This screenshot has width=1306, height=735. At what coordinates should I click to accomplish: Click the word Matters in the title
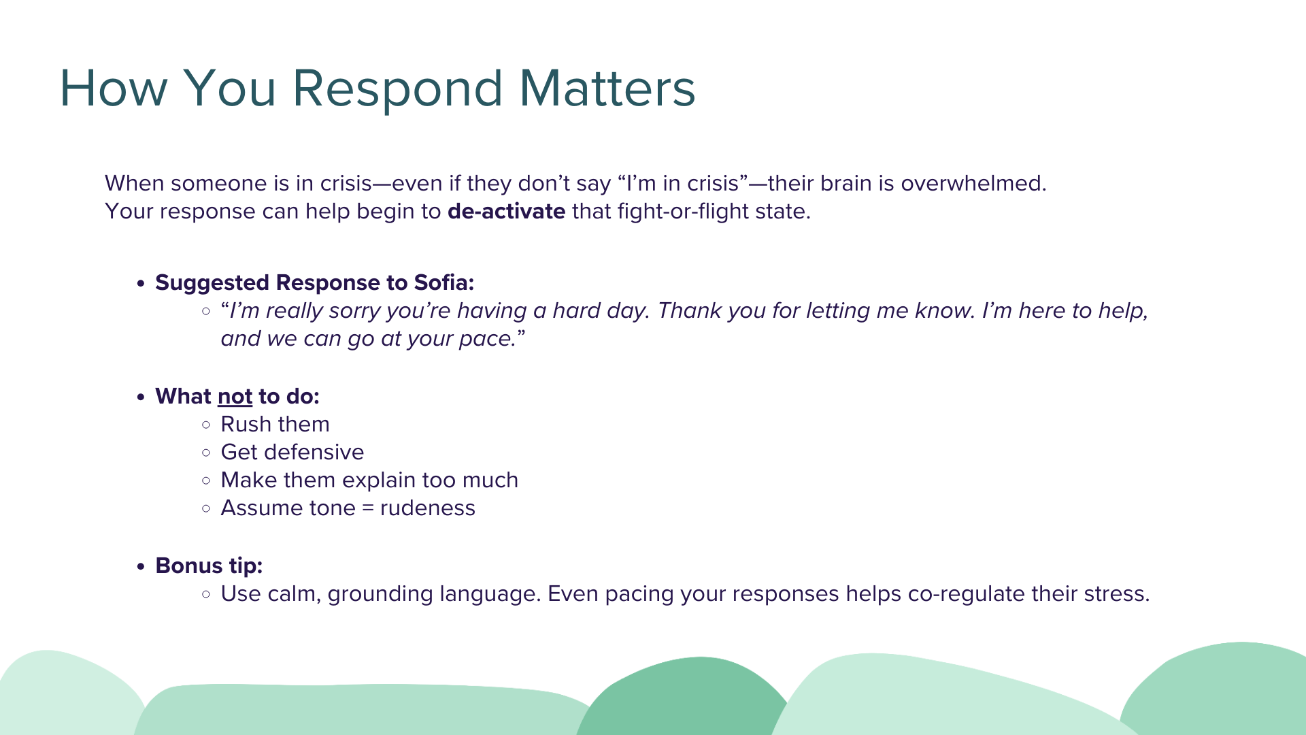tap(607, 88)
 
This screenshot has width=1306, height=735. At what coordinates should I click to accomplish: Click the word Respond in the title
tap(398, 89)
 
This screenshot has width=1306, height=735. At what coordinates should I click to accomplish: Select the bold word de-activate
tap(506, 211)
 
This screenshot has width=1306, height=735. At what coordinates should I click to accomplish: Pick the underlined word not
tap(235, 396)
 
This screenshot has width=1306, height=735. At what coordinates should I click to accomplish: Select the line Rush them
tap(275, 424)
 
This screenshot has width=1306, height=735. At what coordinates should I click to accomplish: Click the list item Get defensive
tap(292, 452)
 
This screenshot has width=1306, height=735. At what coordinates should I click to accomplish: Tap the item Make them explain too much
tap(369, 480)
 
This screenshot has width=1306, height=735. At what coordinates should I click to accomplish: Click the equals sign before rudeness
tap(368, 508)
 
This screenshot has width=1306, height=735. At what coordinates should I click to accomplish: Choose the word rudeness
tap(428, 508)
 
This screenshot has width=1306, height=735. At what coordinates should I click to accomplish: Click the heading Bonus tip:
tap(209, 566)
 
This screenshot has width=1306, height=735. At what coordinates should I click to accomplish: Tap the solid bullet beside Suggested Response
tap(141, 283)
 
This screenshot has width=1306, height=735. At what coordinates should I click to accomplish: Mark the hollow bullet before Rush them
tap(206, 425)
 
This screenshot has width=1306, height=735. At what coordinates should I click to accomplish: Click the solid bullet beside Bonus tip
tap(141, 566)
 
